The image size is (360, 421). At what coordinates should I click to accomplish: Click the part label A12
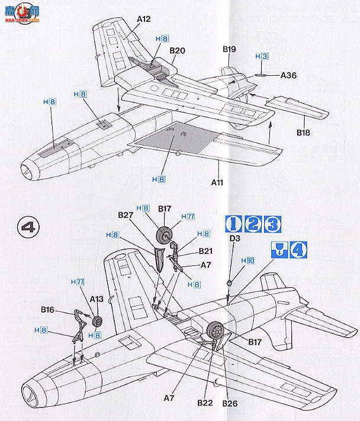[144, 20]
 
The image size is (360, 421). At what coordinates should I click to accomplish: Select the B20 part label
[177, 50]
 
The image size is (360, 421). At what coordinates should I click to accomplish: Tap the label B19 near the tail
[229, 50]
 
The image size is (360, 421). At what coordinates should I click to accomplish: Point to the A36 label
[288, 75]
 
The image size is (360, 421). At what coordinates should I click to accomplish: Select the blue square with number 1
[233, 224]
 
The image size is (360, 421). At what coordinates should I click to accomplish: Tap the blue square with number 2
[253, 224]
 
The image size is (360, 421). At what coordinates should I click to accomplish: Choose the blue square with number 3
[272, 224]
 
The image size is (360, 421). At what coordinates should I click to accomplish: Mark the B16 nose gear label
[48, 308]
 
